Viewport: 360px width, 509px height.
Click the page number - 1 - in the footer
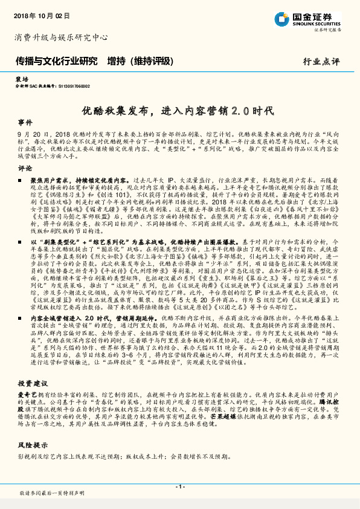coord(179,487)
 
